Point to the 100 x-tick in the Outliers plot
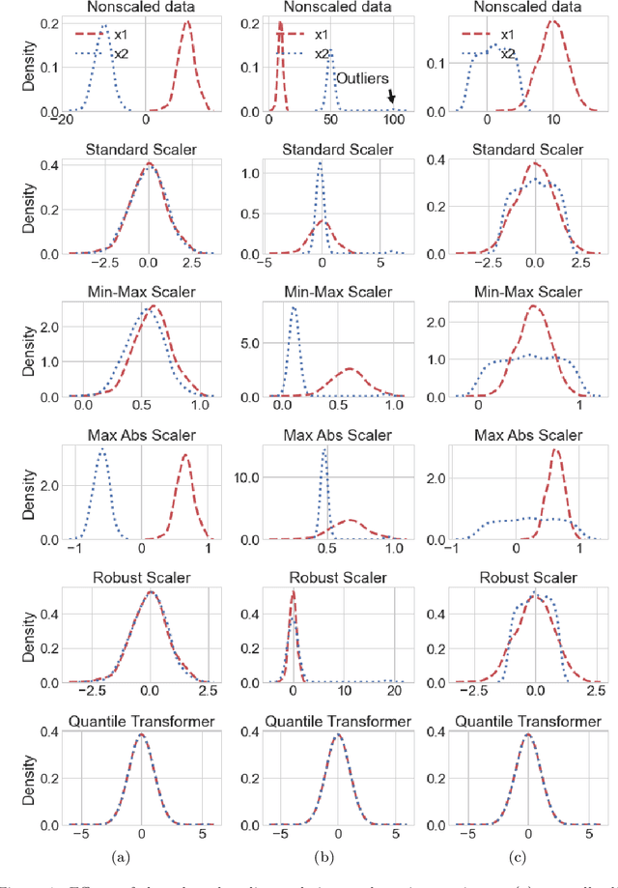393,120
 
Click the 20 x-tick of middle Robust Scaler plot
394,692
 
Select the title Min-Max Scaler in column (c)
527,292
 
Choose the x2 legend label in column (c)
508,54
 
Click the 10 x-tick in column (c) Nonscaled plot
552,120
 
